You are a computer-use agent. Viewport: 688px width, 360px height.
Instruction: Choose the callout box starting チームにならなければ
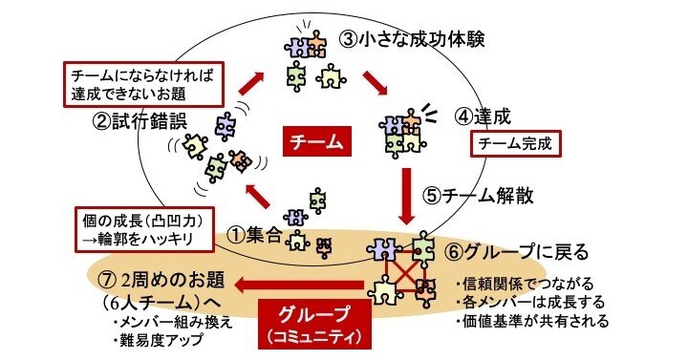pos(138,83)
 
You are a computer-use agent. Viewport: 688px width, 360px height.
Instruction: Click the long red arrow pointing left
pos(300,284)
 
